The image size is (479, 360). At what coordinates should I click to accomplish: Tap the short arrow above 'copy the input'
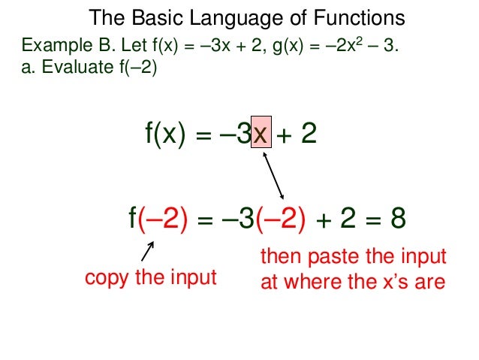tap(148, 253)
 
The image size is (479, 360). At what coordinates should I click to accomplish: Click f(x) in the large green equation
tap(165, 135)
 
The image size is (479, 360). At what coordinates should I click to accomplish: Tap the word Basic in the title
tap(150, 18)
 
